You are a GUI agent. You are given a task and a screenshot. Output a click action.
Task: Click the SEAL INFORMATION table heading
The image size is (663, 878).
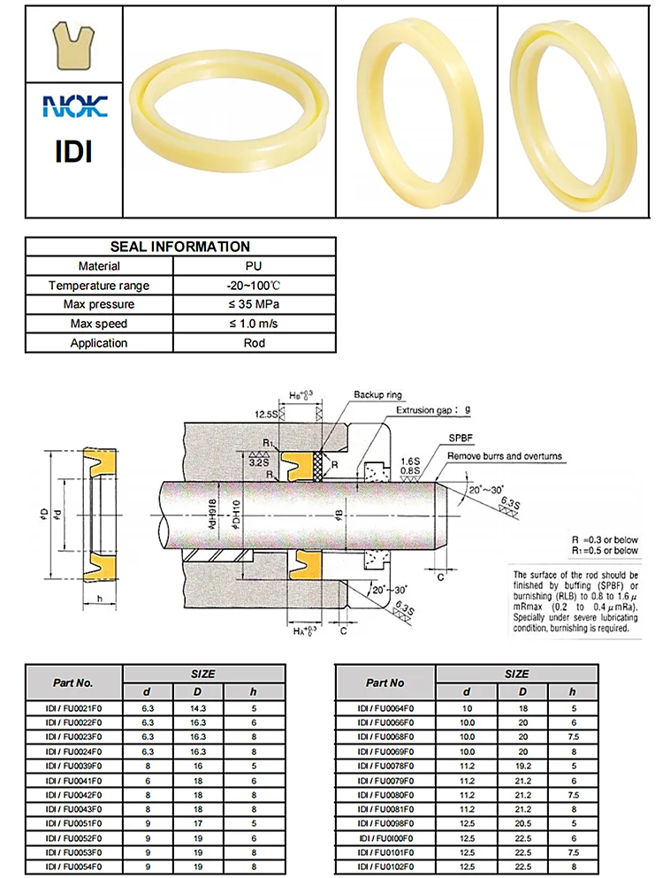(x=179, y=247)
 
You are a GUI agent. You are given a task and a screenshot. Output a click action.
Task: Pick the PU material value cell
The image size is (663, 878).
(x=254, y=266)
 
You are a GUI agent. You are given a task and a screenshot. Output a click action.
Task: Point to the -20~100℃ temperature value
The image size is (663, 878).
(x=254, y=286)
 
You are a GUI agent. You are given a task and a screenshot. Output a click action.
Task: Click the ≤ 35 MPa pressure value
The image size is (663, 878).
(x=254, y=304)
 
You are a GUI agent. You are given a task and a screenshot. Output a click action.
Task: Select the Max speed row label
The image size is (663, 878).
(x=99, y=324)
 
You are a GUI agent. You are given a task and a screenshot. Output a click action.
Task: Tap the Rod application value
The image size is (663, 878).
(x=254, y=343)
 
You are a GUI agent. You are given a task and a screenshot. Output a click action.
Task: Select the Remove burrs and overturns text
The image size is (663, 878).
(x=505, y=456)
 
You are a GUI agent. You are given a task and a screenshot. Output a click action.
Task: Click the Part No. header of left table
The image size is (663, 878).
(x=73, y=682)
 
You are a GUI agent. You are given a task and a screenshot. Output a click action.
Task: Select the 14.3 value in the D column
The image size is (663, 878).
(x=199, y=708)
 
